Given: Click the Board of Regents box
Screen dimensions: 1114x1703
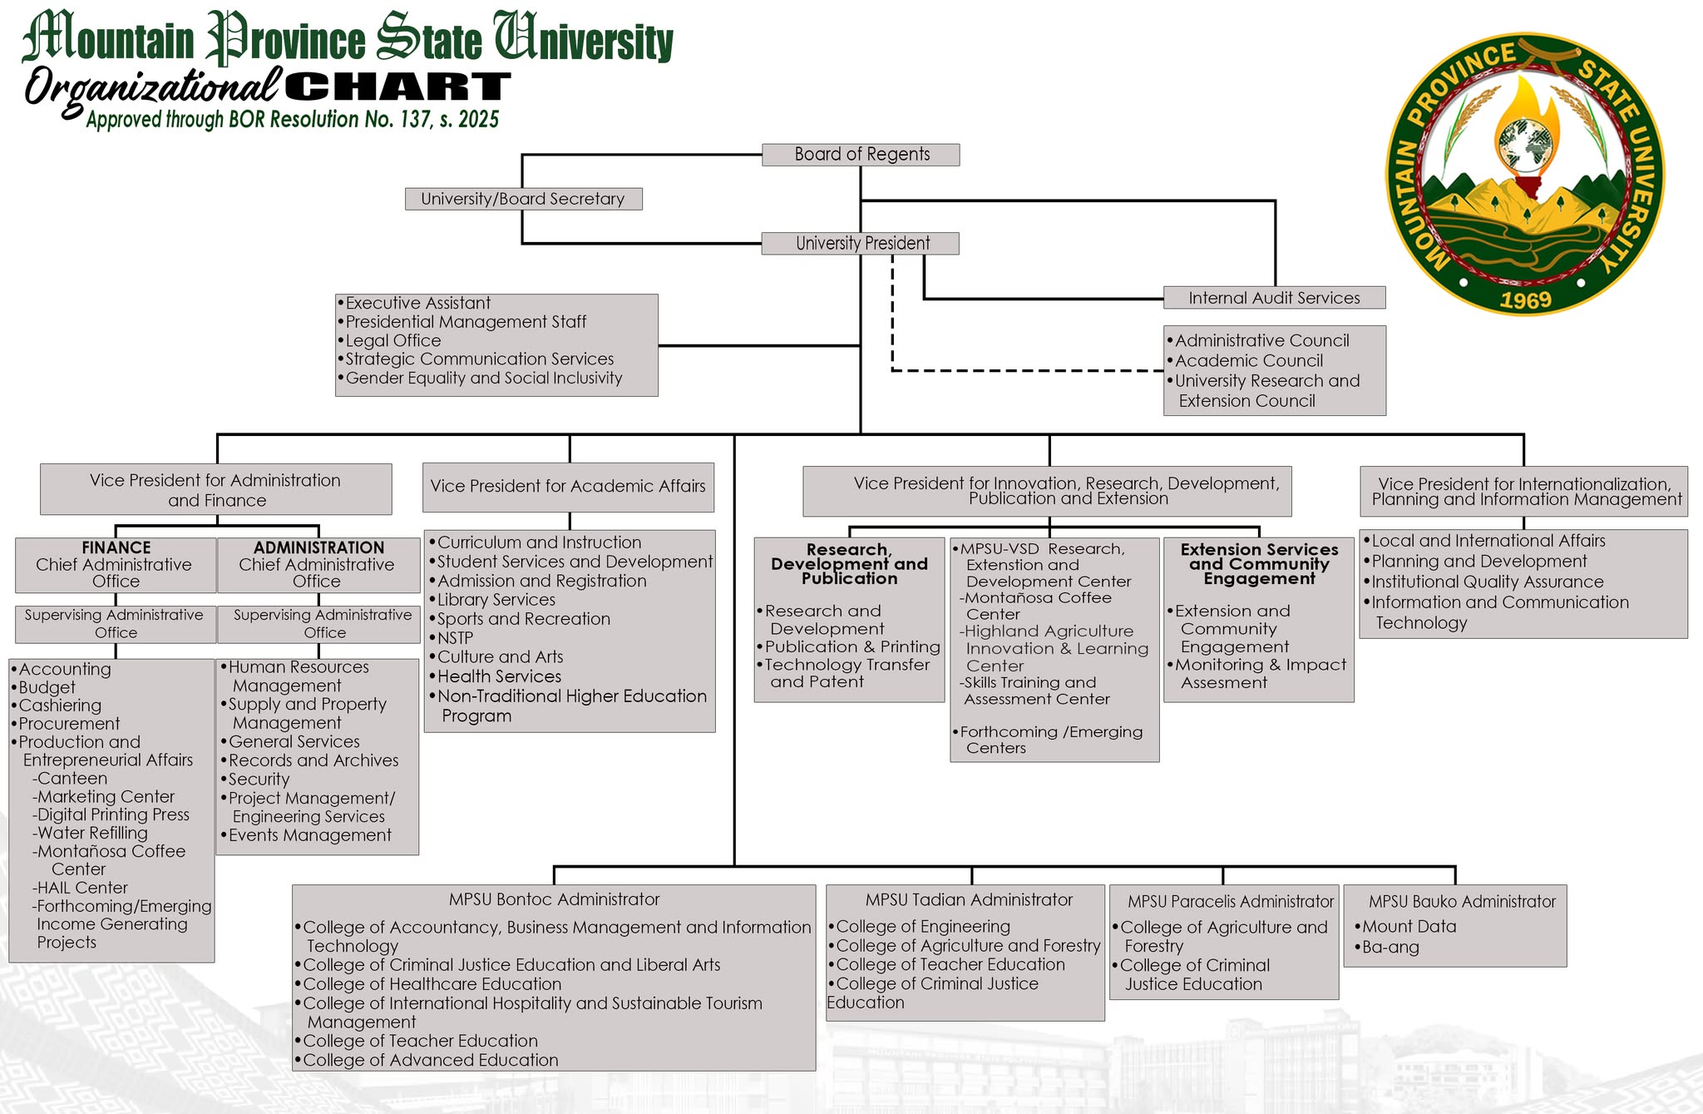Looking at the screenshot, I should click(861, 155).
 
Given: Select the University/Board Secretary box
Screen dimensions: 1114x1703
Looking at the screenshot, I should click(523, 199).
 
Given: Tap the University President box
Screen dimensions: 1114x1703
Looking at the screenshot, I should click(861, 243).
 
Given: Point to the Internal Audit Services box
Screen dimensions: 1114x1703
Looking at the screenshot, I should click(1274, 298).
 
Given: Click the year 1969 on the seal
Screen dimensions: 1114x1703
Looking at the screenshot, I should click(1525, 300).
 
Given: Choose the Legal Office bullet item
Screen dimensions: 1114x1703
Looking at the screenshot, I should click(393, 340).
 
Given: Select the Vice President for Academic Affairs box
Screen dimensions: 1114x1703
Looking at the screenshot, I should click(568, 487).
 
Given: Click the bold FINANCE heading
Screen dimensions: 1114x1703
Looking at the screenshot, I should click(116, 547).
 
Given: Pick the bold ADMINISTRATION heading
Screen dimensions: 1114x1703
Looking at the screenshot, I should click(318, 547).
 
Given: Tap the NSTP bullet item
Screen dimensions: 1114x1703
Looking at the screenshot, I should click(455, 638).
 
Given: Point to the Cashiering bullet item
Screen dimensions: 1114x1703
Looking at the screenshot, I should click(60, 706).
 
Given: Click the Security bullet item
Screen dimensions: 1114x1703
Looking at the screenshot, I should click(259, 780).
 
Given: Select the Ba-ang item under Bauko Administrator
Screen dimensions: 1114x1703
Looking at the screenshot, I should click(1390, 948).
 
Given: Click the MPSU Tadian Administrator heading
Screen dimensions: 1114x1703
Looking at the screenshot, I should click(969, 900).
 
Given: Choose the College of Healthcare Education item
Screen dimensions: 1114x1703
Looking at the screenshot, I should click(432, 984).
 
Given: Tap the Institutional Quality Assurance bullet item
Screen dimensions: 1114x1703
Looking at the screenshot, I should click(1488, 582).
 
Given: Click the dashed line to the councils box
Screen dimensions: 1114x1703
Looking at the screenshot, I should click(1023, 370).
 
